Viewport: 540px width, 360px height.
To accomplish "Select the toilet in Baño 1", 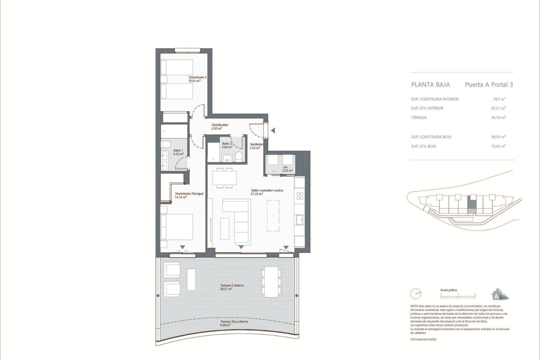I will (x=166, y=145).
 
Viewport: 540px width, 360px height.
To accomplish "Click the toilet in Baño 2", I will (x=239, y=157).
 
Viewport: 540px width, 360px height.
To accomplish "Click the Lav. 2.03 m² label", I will (x=287, y=169).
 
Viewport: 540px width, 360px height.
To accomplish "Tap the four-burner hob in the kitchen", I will (x=300, y=196).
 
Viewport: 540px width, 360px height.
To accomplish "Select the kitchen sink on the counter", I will (x=299, y=220).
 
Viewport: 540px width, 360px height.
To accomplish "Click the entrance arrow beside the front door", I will (x=273, y=130).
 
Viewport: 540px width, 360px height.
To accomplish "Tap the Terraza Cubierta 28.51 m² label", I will (x=231, y=287).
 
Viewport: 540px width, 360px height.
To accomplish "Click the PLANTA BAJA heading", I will (x=430, y=85).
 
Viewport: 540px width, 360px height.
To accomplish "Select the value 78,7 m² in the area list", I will (x=499, y=99).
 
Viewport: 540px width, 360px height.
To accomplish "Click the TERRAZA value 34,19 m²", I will (x=498, y=118).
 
